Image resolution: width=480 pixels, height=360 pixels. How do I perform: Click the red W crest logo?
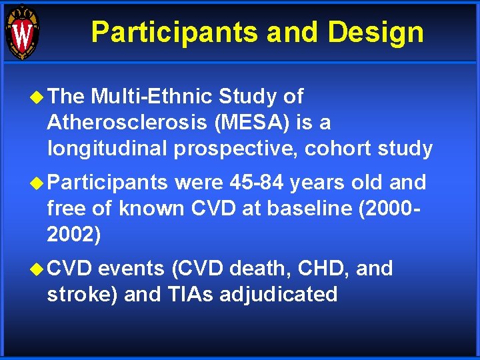[22, 32]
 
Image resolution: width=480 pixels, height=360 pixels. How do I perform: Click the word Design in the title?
[379, 31]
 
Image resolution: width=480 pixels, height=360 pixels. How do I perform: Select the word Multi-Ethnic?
[151, 97]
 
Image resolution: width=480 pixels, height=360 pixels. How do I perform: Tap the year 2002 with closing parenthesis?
[74, 234]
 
